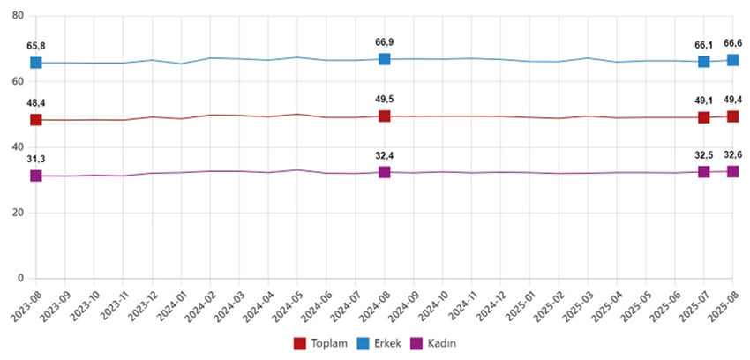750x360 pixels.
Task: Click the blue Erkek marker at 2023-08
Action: pos(36,63)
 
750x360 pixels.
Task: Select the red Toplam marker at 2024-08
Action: pos(385,116)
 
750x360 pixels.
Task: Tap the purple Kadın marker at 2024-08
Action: pos(385,172)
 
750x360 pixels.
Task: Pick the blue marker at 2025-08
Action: pos(733,60)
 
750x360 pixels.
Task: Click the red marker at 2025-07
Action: pos(704,117)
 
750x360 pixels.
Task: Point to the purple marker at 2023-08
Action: pos(36,176)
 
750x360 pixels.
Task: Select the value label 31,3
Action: pos(36,159)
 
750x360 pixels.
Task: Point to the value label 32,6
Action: pos(733,154)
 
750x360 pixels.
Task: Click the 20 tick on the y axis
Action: pos(17,213)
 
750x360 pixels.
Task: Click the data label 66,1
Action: pos(704,44)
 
